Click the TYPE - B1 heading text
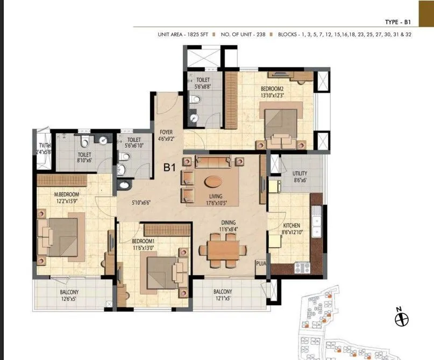click(399, 22)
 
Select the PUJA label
click(261, 264)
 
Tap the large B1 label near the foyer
click(170, 168)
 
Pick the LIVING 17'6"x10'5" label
click(217, 200)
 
